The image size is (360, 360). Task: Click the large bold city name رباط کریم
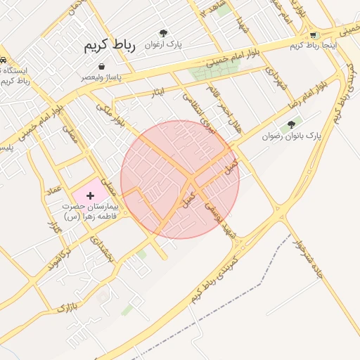click(109, 46)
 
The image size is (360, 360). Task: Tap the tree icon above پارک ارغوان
click(163, 32)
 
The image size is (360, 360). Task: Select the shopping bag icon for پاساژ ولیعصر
click(103, 66)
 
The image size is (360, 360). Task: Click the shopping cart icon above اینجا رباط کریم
click(313, 34)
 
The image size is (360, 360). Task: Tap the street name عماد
click(53, 191)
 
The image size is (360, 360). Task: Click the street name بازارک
click(65, 308)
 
